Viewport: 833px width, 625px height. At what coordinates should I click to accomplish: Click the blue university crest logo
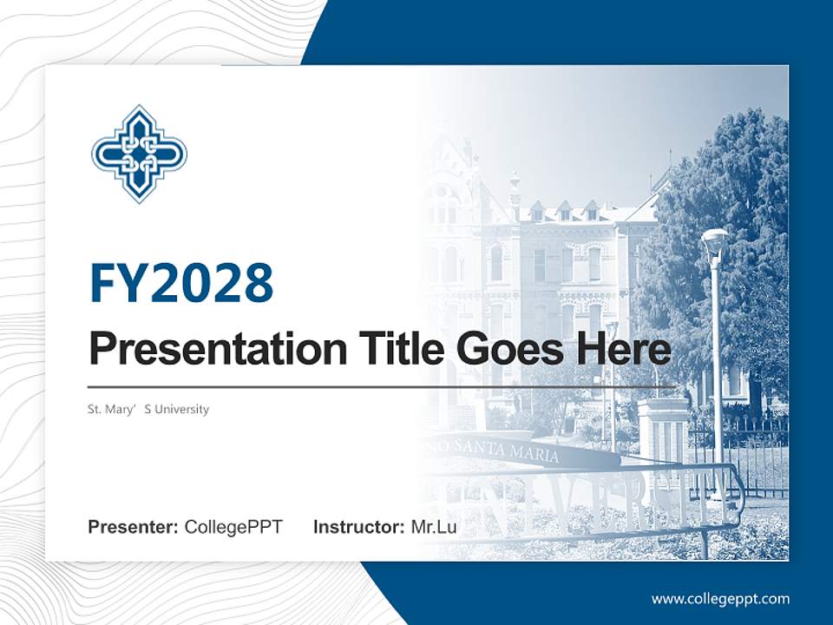139,154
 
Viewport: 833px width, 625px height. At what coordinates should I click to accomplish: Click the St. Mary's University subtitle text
148,409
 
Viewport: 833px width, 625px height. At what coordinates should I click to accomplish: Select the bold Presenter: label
134,527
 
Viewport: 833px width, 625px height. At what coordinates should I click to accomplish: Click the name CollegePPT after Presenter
233,527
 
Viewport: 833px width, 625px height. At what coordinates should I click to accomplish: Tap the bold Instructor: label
359,527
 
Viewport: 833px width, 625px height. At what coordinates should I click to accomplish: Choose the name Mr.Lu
434,527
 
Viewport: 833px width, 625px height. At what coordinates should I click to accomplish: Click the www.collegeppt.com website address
720,598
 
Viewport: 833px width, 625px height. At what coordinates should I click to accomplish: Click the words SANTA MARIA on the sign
521,451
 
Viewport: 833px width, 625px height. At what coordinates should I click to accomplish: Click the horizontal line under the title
382,386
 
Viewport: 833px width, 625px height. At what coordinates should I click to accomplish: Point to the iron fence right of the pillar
746,451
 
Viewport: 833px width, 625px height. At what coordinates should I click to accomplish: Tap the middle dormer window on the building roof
565,211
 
